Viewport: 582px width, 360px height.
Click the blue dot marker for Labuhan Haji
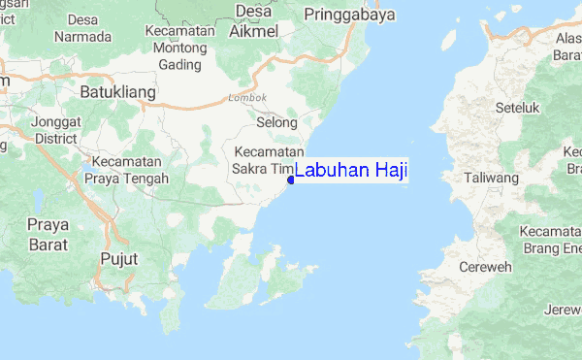click(290, 179)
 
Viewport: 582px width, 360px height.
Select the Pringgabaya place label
click(344, 15)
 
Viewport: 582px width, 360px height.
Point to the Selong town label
click(276, 123)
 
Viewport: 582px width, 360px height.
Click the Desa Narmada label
click(82, 29)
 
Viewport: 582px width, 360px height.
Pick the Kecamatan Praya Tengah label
click(127, 170)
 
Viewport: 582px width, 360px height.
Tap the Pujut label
click(119, 259)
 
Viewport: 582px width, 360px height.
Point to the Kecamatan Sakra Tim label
click(269, 160)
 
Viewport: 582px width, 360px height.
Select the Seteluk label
click(516, 108)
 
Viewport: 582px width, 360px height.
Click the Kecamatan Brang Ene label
click(548, 242)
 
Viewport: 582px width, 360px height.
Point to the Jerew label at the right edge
click(563, 310)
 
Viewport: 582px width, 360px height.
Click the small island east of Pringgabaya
click(448, 40)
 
